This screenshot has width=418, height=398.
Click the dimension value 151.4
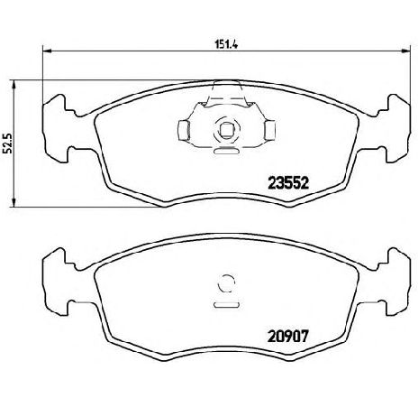226,44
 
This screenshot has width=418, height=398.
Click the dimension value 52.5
8,143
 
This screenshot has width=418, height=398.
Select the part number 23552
288,182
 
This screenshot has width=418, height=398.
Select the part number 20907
288,337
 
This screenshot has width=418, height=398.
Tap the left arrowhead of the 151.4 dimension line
48,51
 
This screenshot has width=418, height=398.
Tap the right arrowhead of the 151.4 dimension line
405,51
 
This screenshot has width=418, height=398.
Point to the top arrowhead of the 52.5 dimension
14,86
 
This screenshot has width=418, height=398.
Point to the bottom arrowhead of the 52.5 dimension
14,202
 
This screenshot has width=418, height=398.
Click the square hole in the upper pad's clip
226,130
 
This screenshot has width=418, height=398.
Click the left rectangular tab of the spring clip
183,130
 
